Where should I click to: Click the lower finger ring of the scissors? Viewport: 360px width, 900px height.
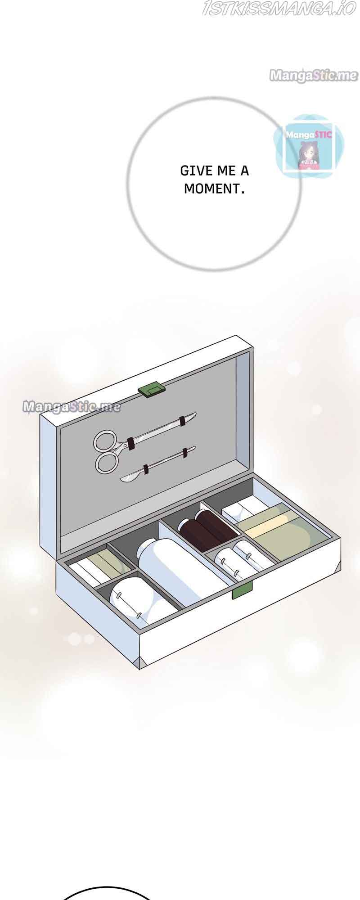tap(108, 462)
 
